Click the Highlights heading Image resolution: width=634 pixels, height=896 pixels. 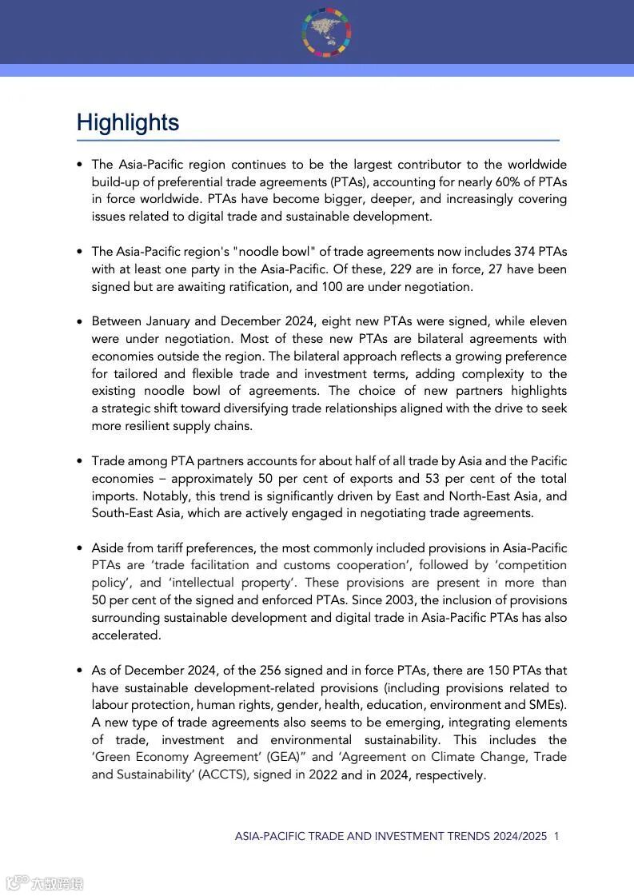128,122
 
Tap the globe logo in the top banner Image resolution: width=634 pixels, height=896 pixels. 326,33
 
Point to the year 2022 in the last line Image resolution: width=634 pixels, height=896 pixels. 321,775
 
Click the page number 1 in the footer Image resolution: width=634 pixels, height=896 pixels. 556,836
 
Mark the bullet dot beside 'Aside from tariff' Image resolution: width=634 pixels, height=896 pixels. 80,548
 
